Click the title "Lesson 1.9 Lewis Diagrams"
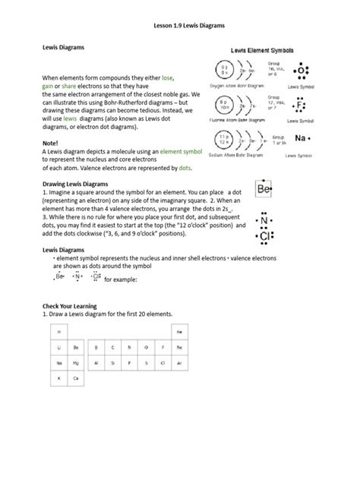(180, 25)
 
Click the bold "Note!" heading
(50, 144)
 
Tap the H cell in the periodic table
(58, 332)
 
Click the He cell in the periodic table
(179, 332)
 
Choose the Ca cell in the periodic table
(75, 377)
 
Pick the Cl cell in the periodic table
(162, 363)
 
